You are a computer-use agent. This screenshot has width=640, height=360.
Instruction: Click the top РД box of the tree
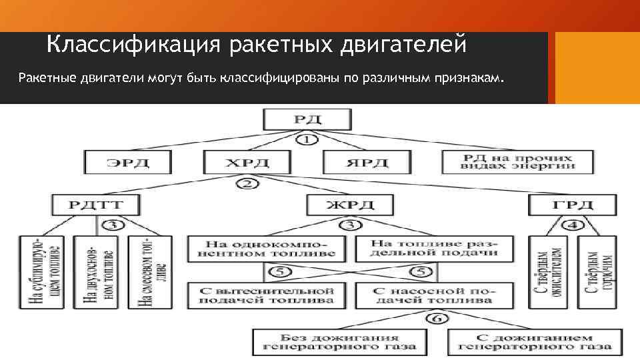(x=307, y=120)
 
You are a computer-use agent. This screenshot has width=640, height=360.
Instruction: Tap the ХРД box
(x=247, y=162)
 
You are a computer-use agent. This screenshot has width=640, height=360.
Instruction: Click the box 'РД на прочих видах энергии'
(x=517, y=162)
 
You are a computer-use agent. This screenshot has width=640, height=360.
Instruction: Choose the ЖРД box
(x=349, y=205)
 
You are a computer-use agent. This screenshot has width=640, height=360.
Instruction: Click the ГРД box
(x=573, y=205)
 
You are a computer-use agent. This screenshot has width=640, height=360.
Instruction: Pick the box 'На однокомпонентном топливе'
(x=267, y=249)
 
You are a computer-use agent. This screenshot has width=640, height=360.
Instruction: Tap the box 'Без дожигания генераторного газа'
(x=340, y=341)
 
